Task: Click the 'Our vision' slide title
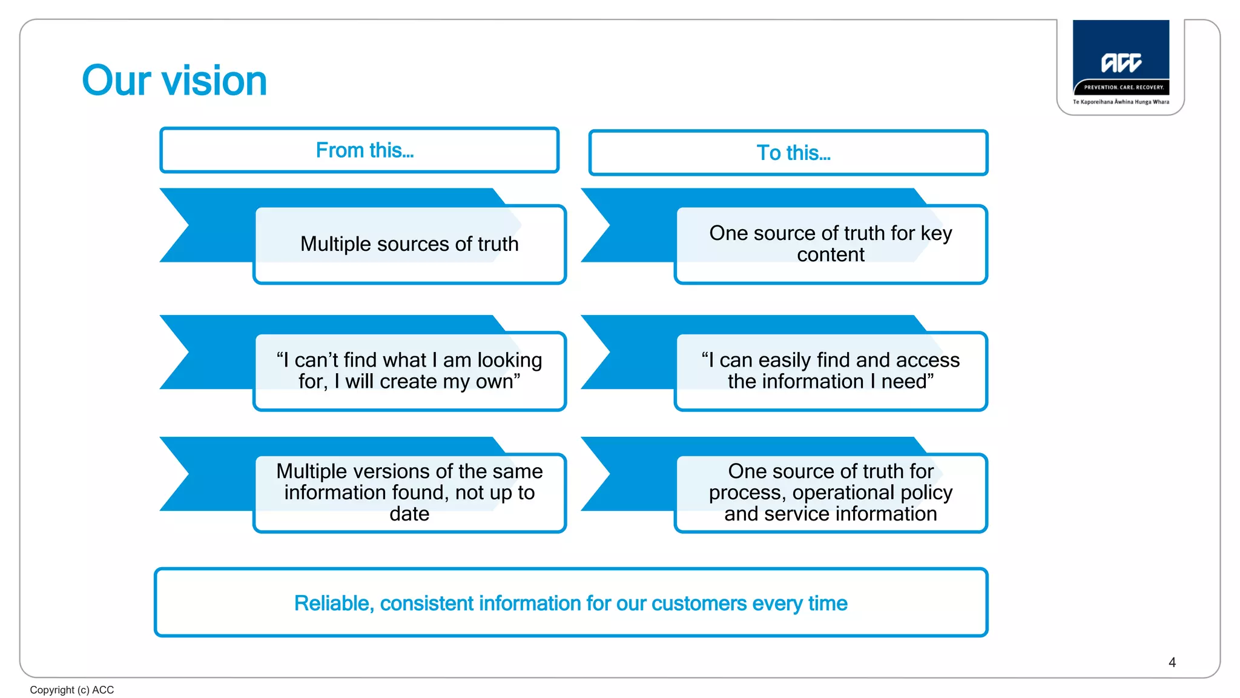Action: click(x=174, y=81)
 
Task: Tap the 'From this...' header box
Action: click(x=359, y=150)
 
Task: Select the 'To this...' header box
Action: click(x=788, y=153)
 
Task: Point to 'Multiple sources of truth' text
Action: click(x=409, y=244)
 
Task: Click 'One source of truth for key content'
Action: click(x=831, y=244)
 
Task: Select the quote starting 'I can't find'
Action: click(x=409, y=370)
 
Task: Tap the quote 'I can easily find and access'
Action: click(x=831, y=370)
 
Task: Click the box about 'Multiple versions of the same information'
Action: click(x=409, y=492)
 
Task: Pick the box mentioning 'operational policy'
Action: click(x=831, y=492)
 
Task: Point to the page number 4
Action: click(x=1172, y=662)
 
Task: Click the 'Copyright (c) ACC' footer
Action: click(x=71, y=690)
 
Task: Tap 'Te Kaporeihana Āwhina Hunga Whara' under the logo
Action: click(x=1121, y=102)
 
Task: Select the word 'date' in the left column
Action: click(x=409, y=514)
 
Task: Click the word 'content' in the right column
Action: click(x=831, y=255)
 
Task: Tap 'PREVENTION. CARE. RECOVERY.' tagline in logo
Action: click(x=1123, y=87)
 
